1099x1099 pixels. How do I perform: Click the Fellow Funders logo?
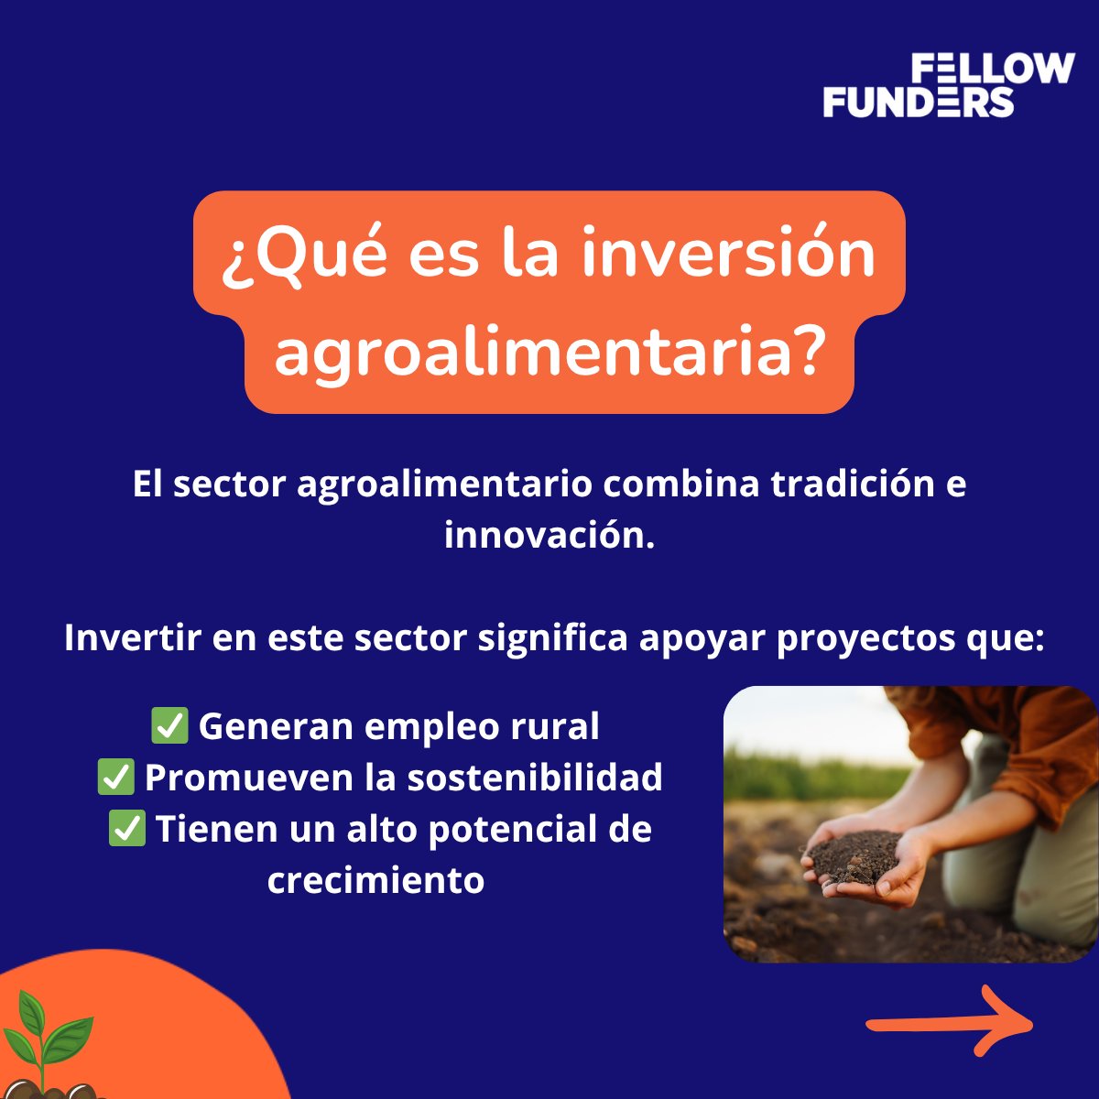point(948,85)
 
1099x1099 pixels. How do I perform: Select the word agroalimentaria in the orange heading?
point(530,354)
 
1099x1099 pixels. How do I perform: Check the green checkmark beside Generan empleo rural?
point(169,726)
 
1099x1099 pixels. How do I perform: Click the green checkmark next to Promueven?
point(116,778)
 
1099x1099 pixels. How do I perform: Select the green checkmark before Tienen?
point(127,829)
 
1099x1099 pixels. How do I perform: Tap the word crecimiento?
point(375,880)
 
